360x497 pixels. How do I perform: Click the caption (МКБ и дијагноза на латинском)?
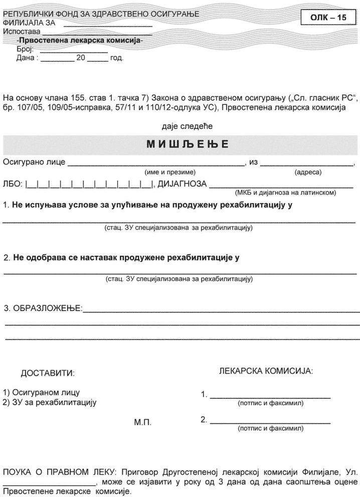point(285,193)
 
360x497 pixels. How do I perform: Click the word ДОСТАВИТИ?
point(47,374)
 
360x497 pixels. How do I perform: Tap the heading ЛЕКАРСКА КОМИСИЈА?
point(266,372)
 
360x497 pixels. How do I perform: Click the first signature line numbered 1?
point(270,396)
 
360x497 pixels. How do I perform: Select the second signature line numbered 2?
point(270,422)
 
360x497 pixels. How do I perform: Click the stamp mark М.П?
point(143,423)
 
